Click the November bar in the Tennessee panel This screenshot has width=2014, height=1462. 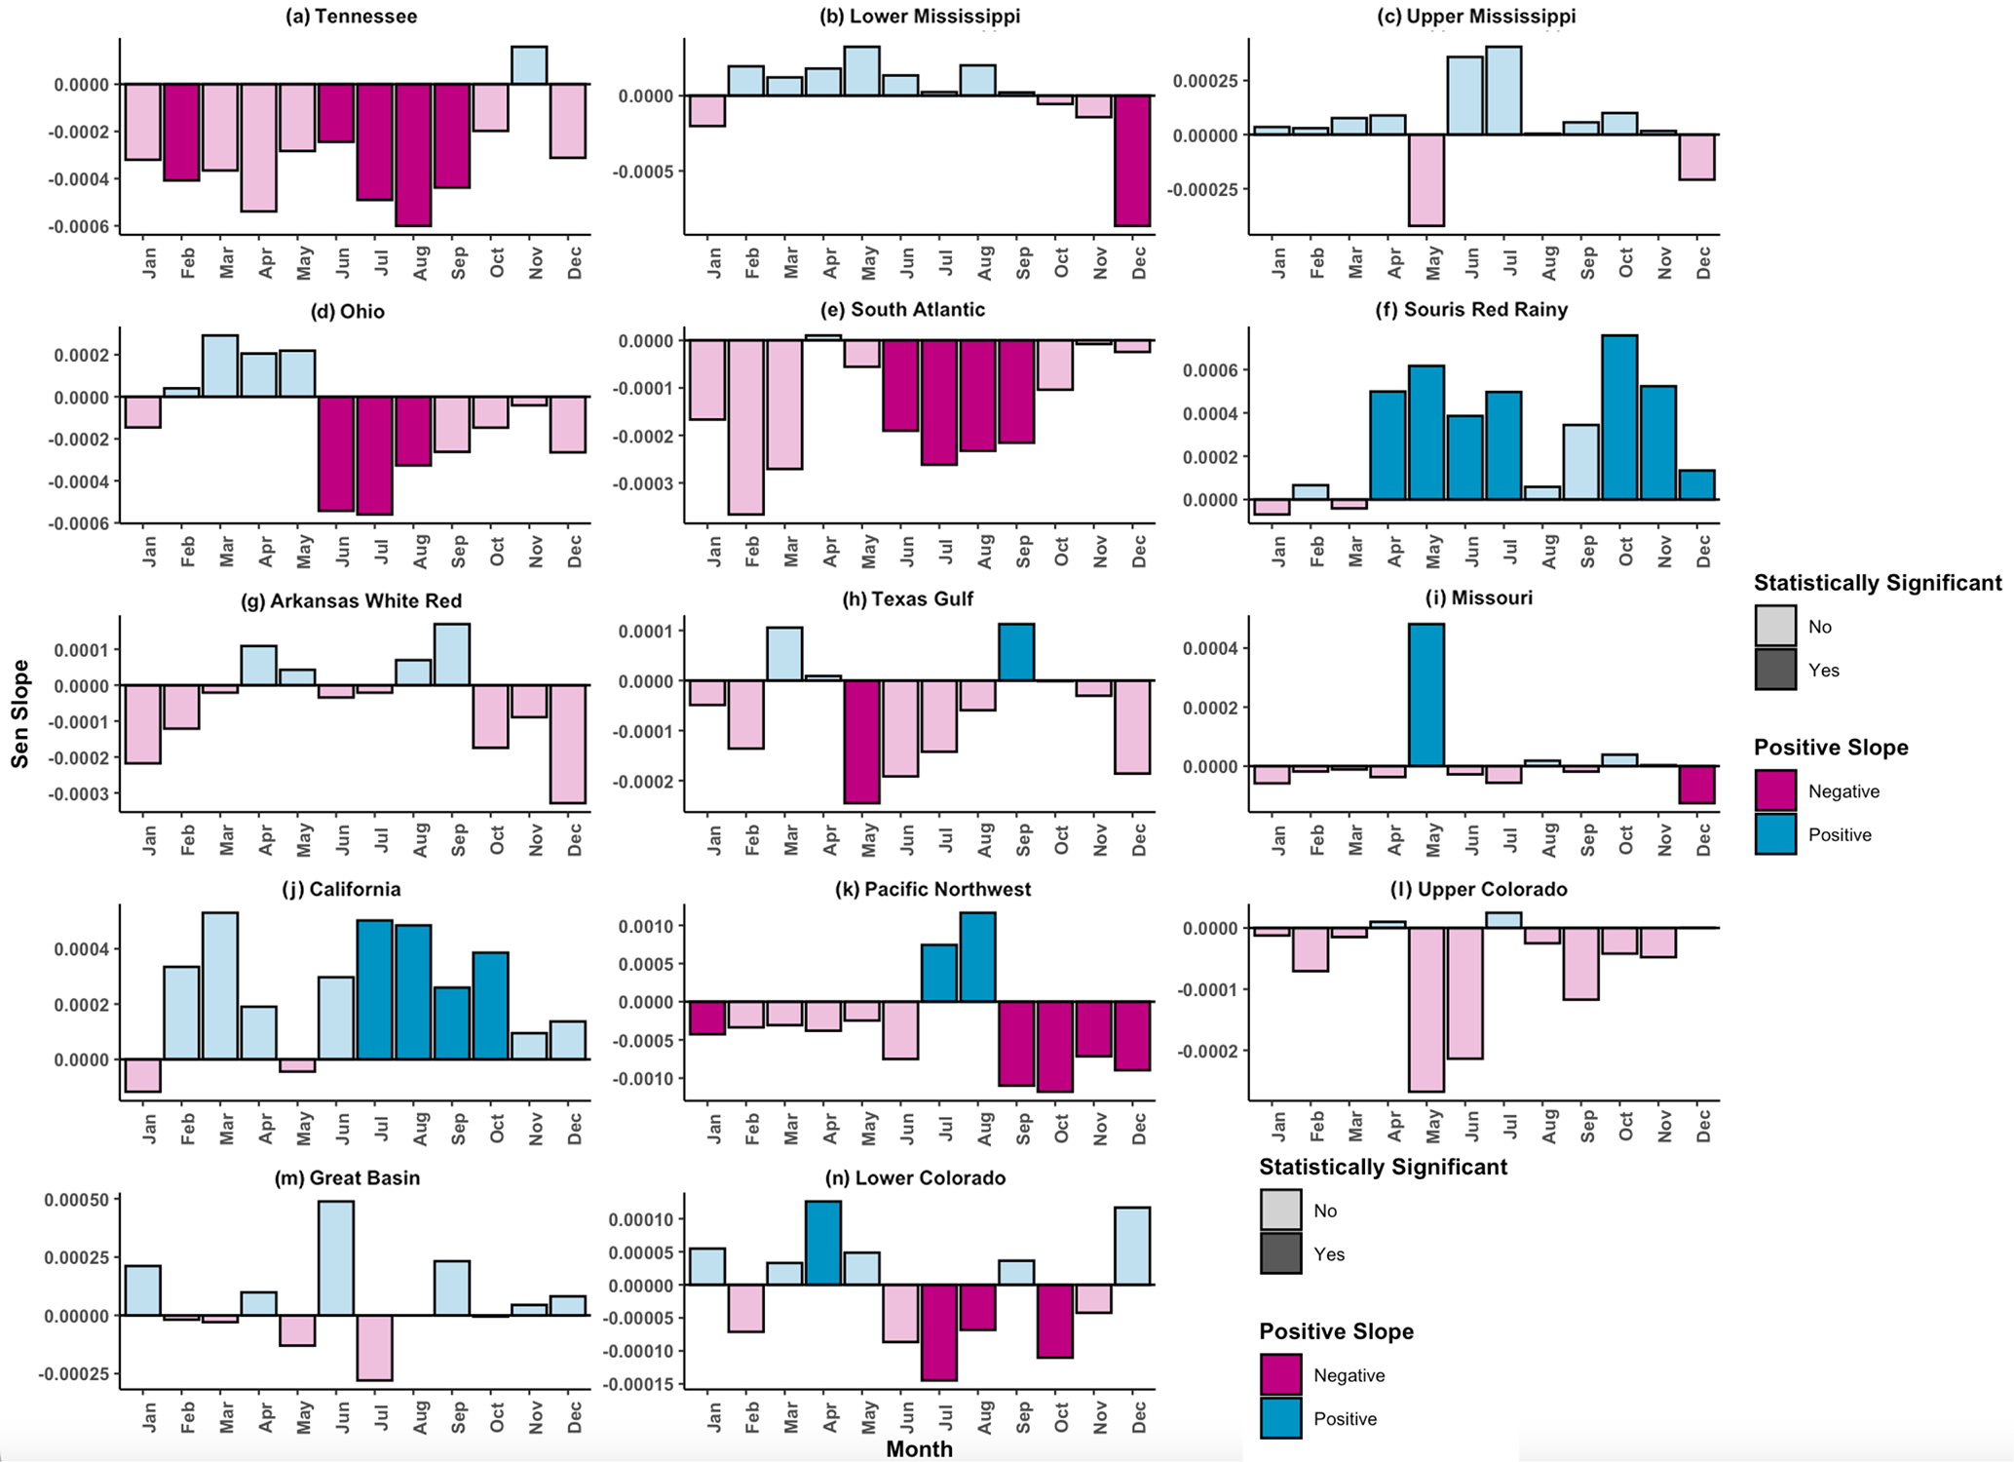(x=529, y=65)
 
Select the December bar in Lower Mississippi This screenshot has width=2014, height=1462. (x=1133, y=161)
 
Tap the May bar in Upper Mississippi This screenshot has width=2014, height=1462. (x=1426, y=180)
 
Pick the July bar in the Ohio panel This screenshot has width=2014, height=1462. (x=375, y=455)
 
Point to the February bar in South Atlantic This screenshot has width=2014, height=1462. (x=746, y=427)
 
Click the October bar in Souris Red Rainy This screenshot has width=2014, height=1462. (x=1619, y=417)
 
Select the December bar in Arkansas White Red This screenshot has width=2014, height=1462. (x=568, y=744)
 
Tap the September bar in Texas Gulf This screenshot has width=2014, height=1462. (x=1016, y=652)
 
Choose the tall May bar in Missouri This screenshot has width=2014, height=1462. (x=1426, y=695)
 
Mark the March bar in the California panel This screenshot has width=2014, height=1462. (x=220, y=985)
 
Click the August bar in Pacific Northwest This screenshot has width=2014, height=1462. (x=977, y=957)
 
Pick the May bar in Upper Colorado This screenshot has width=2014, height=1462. (x=1426, y=1009)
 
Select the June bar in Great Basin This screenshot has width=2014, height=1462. (x=336, y=1257)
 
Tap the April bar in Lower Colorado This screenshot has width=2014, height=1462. (x=823, y=1243)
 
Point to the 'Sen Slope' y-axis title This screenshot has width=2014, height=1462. (x=20, y=713)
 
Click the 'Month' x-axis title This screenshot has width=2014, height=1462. (x=919, y=1448)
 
